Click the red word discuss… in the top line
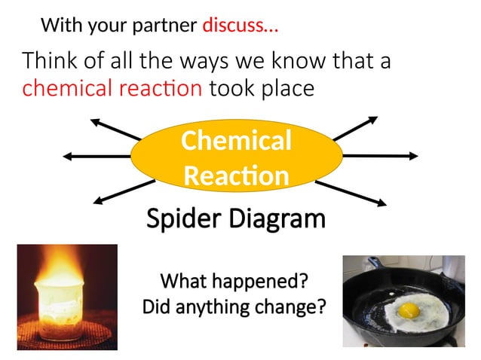click(240, 27)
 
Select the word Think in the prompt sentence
click(51, 61)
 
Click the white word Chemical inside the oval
click(236, 141)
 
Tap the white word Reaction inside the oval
click(236, 175)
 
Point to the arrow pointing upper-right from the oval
click(354, 129)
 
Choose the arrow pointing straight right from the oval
click(380, 155)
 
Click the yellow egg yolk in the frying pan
click(409, 310)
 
